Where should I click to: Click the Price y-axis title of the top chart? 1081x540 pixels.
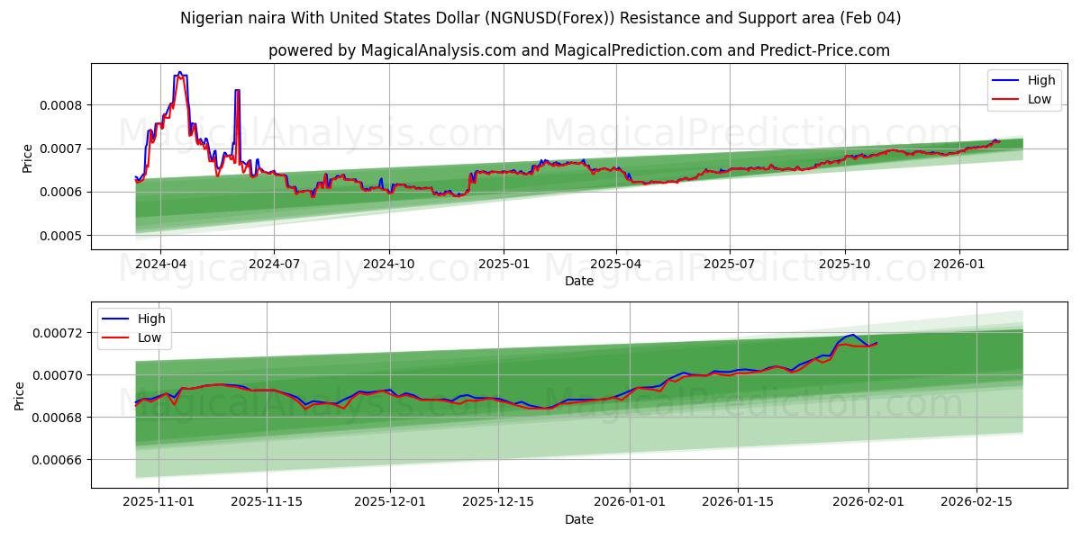point(27,158)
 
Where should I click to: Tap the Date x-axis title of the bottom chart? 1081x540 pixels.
point(578,519)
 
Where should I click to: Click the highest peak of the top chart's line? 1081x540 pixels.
point(179,72)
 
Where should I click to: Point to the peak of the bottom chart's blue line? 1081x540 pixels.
point(851,335)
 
